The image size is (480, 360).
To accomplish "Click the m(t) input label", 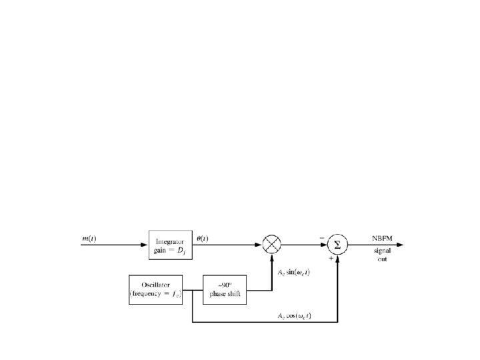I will [x=89, y=239].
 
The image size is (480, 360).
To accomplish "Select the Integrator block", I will [x=170, y=245].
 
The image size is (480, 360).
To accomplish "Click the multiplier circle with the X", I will [x=272, y=245].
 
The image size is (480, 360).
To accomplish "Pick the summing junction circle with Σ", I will [x=338, y=245].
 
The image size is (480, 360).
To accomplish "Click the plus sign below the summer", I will [x=331, y=257].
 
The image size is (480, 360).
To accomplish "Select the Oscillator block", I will [x=155, y=289].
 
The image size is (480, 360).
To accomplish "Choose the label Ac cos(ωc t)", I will [x=304, y=316].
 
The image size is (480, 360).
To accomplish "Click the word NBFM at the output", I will [x=382, y=238].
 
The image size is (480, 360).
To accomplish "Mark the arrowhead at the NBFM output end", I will [x=399, y=245].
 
